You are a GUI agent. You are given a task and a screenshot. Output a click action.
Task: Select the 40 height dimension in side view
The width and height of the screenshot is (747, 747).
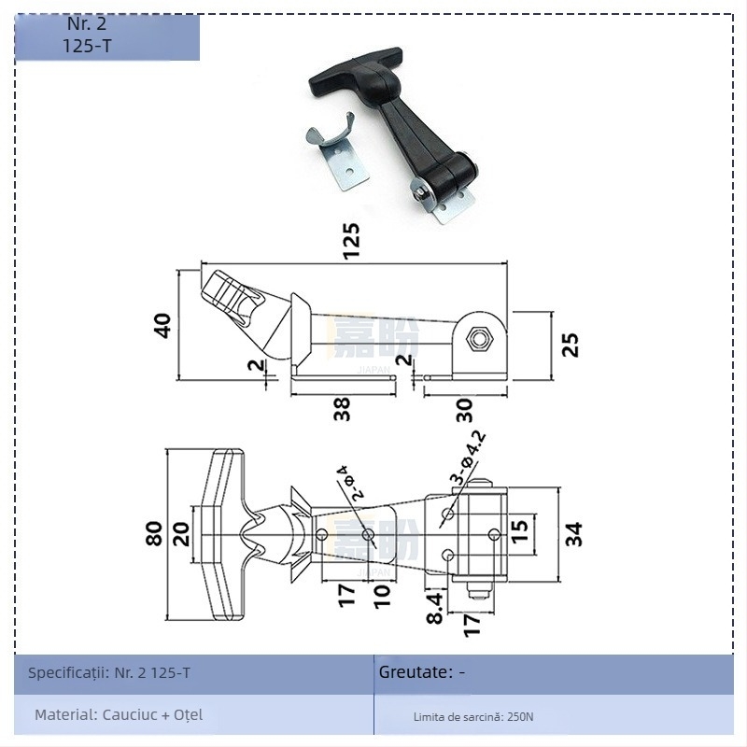click(x=162, y=324)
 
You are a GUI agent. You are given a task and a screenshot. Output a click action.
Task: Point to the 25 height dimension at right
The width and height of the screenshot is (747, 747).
click(x=571, y=344)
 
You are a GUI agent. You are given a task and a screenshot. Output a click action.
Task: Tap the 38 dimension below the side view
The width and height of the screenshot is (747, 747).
click(x=343, y=408)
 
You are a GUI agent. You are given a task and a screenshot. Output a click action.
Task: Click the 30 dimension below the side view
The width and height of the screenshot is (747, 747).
click(x=464, y=409)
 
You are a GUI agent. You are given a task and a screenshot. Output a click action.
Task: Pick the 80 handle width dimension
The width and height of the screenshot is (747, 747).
click(x=154, y=533)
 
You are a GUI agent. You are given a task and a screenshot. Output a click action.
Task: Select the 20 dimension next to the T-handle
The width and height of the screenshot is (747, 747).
click(x=180, y=533)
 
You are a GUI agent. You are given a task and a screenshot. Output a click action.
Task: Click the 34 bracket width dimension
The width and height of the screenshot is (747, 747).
click(x=573, y=533)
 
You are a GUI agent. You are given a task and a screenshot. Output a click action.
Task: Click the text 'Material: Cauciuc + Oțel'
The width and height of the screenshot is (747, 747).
click(x=119, y=715)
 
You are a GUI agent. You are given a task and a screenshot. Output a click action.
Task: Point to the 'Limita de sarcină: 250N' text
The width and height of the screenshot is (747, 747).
click(x=473, y=717)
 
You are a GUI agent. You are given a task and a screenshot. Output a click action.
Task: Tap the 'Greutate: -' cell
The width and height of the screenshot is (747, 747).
click(x=421, y=672)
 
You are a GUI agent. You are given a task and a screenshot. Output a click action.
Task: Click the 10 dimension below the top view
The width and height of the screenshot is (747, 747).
click(x=381, y=595)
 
